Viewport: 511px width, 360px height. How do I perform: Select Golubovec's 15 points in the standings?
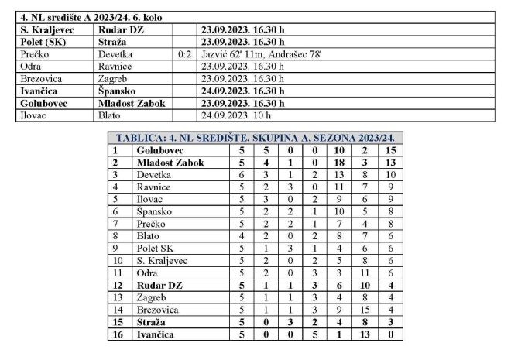coord(391,149)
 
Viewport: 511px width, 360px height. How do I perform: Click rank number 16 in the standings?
coord(117,334)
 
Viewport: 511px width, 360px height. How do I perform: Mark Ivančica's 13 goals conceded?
coord(365,334)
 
